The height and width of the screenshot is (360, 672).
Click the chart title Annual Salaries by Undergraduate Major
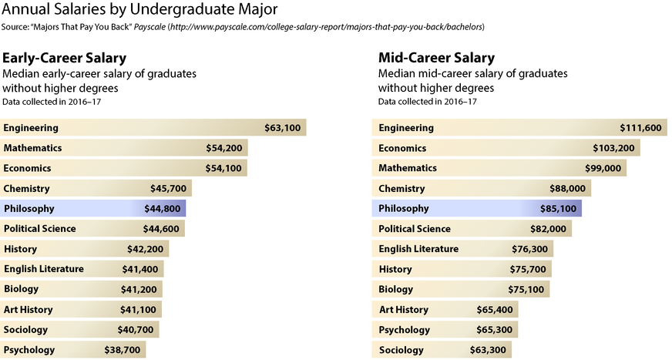(x=141, y=10)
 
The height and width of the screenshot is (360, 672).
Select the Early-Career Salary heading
(x=65, y=58)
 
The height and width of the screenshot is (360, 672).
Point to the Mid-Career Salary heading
(x=437, y=58)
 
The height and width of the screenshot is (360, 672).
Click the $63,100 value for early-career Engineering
(x=282, y=127)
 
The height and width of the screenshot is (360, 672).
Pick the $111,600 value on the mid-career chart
(x=640, y=127)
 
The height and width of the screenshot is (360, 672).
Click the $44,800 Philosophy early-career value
(x=163, y=208)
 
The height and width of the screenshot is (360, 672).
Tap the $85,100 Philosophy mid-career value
(x=558, y=208)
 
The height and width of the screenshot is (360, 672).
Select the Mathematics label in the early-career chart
(x=32, y=147)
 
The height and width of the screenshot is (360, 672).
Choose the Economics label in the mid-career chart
(x=408, y=147)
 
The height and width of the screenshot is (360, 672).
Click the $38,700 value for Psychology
(x=123, y=350)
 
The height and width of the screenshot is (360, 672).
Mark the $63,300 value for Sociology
(x=488, y=350)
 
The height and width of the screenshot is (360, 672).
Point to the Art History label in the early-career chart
(x=29, y=309)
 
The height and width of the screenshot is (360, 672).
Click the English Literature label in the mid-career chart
(x=418, y=248)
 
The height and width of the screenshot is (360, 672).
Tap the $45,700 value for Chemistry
(x=168, y=188)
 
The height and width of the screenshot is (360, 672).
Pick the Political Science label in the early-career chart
(x=39, y=228)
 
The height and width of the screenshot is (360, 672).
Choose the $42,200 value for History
(x=145, y=248)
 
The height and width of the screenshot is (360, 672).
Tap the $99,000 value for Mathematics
(x=603, y=168)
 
